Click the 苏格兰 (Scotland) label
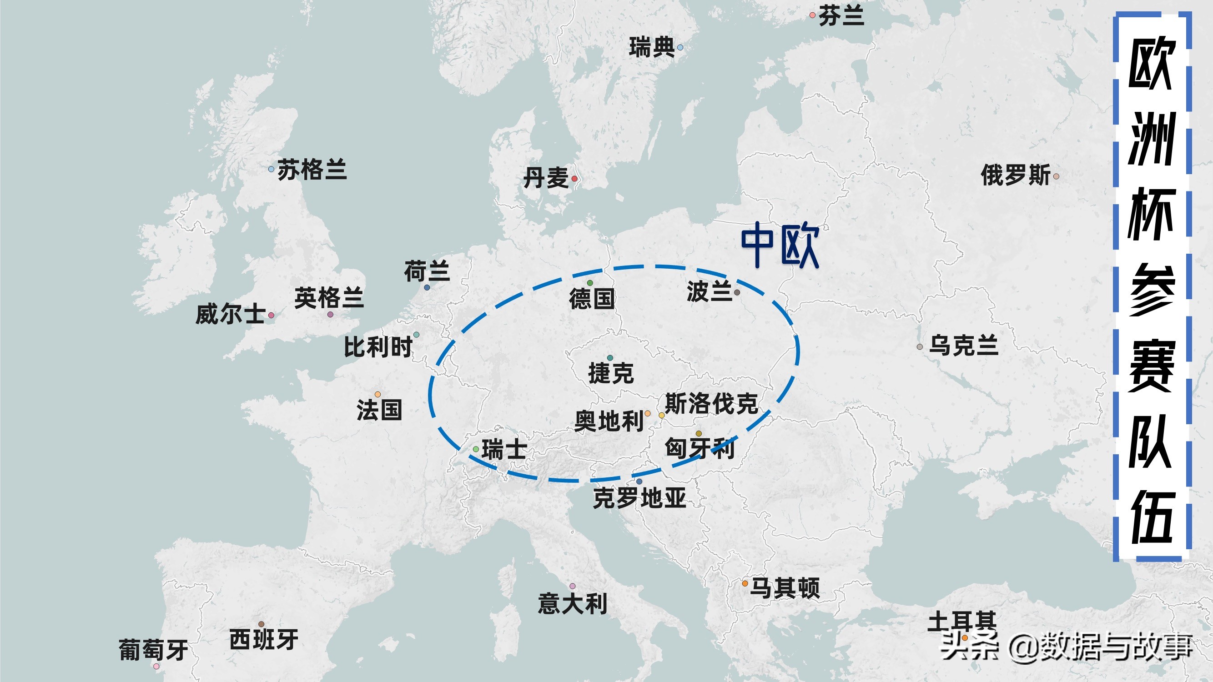tap(312, 170)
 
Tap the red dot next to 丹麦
tap(574, 179)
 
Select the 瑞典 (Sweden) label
tap(652, 48)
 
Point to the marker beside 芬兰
tap(812, 15)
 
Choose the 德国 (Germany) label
tap(592, 298)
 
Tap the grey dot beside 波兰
tap(737, 292)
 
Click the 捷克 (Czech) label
tap(611, 373)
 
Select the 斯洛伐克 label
tap(711, 403)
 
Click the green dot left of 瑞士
tap(476, 450)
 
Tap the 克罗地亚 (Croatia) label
tap(639, 498)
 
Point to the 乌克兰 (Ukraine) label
tap(963, 346)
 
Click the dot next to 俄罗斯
tap(1056, 176)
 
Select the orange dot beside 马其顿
tap(745, 584)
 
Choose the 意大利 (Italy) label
tap(572, 604)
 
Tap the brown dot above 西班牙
tap(262, 624)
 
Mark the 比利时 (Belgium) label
tap(378, 347)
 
